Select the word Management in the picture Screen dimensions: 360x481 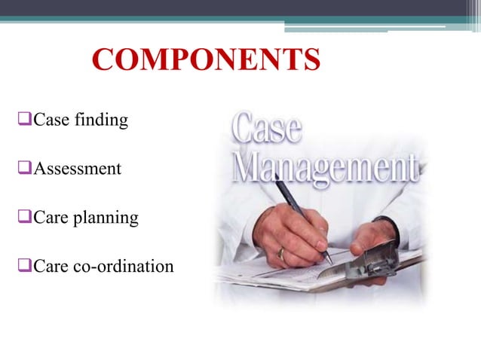click(324, 167)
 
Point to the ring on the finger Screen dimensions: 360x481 click(280, 253)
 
